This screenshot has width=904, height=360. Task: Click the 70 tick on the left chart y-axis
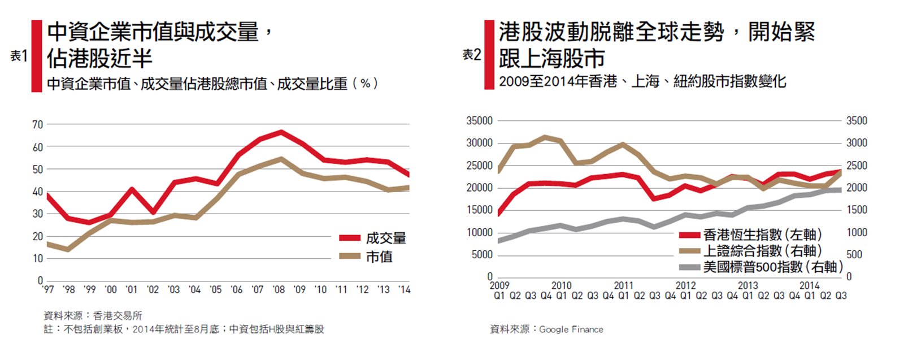(37, 125)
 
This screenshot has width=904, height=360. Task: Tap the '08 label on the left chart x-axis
(278, 290)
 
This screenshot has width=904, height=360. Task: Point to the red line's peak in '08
(281, 132)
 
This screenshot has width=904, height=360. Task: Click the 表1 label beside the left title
(19, 55)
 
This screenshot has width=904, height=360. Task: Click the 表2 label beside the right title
(472, 54)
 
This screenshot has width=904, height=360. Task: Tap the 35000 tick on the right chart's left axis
(479, 120)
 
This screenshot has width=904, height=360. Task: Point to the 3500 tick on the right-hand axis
(856, 120)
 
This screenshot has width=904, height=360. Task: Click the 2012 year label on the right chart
(685, 285)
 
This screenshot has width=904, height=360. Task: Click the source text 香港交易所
(118, 316)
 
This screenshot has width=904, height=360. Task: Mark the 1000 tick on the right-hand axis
(856, 232)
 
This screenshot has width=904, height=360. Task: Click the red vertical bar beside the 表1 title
(37, 55)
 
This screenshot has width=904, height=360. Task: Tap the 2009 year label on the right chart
(499, 285)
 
